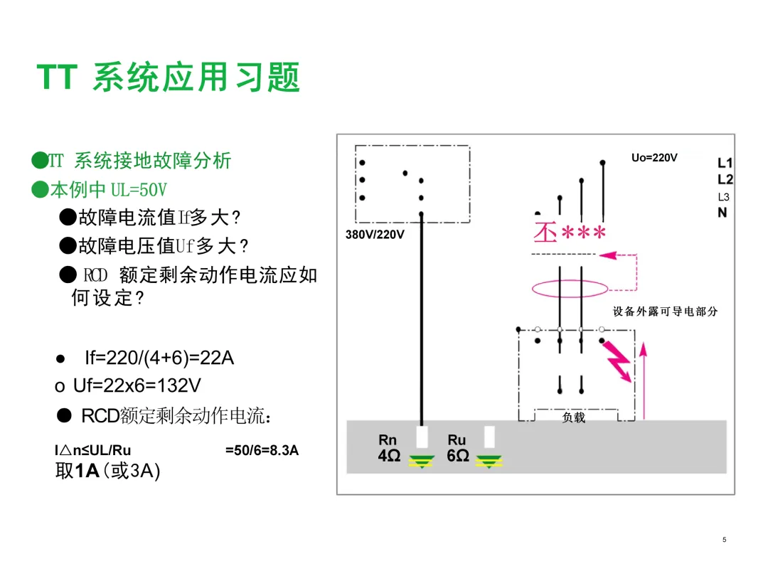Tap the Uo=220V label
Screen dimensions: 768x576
654,158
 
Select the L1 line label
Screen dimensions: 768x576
725,163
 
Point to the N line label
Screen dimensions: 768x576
722,212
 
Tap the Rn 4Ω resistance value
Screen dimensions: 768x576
388,456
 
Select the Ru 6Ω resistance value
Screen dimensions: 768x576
457,456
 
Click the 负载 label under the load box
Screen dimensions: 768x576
573,418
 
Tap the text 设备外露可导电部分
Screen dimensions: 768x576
665,311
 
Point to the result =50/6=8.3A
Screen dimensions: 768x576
262,450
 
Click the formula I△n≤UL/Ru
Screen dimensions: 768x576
93,450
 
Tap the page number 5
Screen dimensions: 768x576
724,540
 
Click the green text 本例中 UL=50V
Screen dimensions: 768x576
106,190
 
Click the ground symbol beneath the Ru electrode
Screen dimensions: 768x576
489,463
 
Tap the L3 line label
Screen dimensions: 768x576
723,197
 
